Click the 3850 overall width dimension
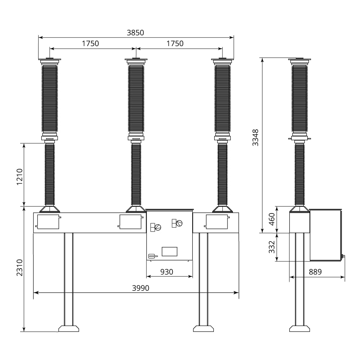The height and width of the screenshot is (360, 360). (135, 33)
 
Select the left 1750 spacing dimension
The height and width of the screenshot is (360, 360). (90, 44)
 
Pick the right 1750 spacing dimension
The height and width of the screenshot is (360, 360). (175, 44)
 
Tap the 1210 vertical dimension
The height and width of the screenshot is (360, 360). (20, 177)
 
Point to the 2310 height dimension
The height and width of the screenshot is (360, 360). (20, 268)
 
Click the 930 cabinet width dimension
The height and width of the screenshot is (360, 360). (167, 272)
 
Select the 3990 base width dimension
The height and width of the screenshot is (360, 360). (140, 288)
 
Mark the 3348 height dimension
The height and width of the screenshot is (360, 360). (255, 138)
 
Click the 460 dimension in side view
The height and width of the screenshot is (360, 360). (271, 219)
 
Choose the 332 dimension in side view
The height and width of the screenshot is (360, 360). (271, 247)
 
